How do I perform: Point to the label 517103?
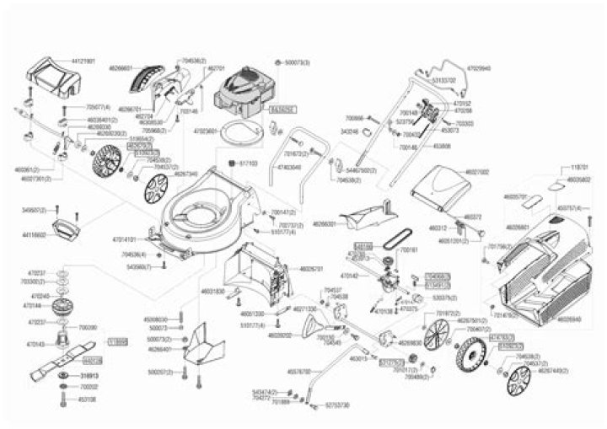tap(248, 163)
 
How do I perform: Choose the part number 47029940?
tap(478, 66)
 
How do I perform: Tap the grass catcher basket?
tap(540, 261)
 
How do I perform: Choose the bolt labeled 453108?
tap(63, 399)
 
